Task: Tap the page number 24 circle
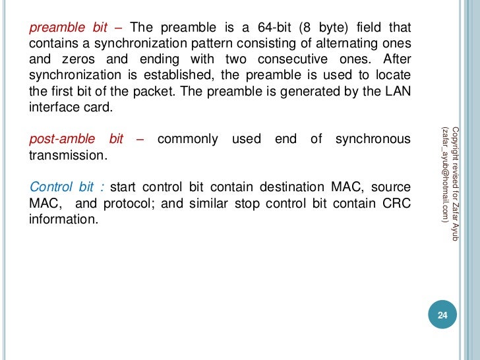442,316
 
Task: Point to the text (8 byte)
322,28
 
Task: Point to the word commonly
188,139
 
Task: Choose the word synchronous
373,139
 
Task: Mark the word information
63,218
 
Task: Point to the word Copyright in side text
456,142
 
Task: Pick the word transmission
67,156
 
